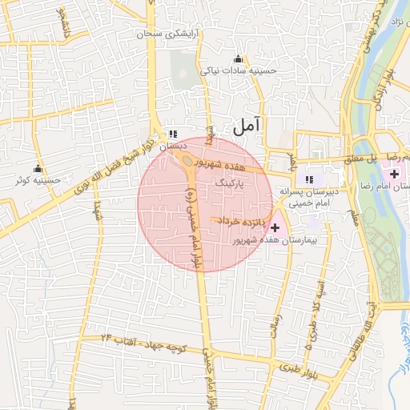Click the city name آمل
click(x=247, y=125)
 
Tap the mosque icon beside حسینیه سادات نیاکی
click(x=238, y=59)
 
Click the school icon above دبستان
click(x=172, y=135)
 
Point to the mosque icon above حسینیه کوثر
click(x=38, y=168)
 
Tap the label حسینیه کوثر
click(x=38, y=181)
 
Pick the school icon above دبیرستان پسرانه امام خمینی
click(x=309, y=179)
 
